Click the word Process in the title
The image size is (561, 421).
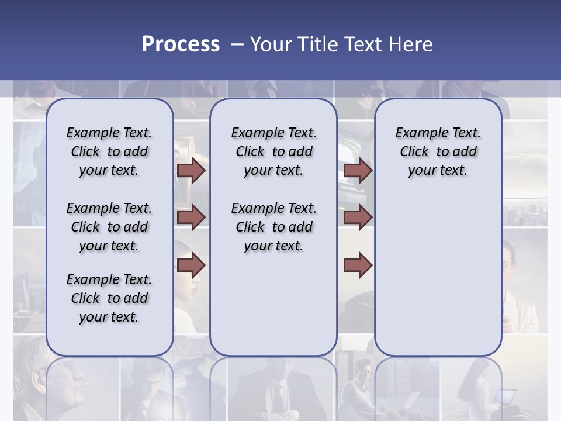pos(181,44)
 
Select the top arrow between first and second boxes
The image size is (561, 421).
pos(191,171)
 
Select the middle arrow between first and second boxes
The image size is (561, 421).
pos(191,218)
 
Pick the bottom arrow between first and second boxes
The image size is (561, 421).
pos(191,265)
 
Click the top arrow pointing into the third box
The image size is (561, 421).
pos(358,171)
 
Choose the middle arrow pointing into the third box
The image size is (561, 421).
pos(358,218)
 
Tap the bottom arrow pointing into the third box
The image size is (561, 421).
pos(358,265)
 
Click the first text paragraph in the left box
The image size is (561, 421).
pos(109,151)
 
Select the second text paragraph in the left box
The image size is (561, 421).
pos(109,227)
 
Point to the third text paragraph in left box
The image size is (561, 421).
pos(109,298)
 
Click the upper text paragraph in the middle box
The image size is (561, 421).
pos(273,151)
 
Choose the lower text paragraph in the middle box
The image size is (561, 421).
pos(273,227)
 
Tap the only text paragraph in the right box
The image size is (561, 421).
pos(438,151)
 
